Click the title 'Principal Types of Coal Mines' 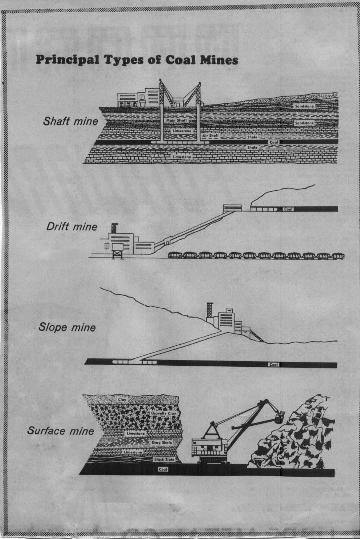tap(136, 60)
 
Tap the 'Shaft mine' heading tap(71, 121)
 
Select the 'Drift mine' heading tap(72, 226)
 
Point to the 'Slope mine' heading tap(67, 328)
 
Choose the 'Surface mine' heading tap(61, 430)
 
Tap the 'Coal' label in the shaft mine tap(274, 142)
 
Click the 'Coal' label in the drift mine tap(288, 209)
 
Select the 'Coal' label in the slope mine tap(273, 364)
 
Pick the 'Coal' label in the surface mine tap(162, 469)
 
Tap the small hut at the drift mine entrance tap(232, 207)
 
